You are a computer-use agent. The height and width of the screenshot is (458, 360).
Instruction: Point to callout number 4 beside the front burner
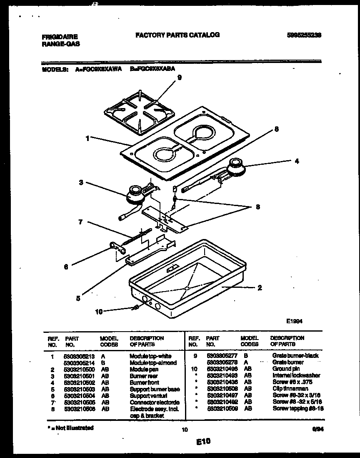coord(296,161)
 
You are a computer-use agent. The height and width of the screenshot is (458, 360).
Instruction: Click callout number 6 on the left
coord(66,267)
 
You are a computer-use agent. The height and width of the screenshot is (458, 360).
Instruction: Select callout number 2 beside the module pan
coord(260,287)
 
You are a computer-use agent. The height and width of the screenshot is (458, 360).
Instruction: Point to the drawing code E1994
coord(294,321)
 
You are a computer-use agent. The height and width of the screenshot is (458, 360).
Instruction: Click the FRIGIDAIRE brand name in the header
coord(60,37)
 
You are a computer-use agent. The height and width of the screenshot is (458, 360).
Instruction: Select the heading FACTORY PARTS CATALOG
coord(177,35)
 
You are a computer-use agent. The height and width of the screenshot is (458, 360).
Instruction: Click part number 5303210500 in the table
coord(79,370)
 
